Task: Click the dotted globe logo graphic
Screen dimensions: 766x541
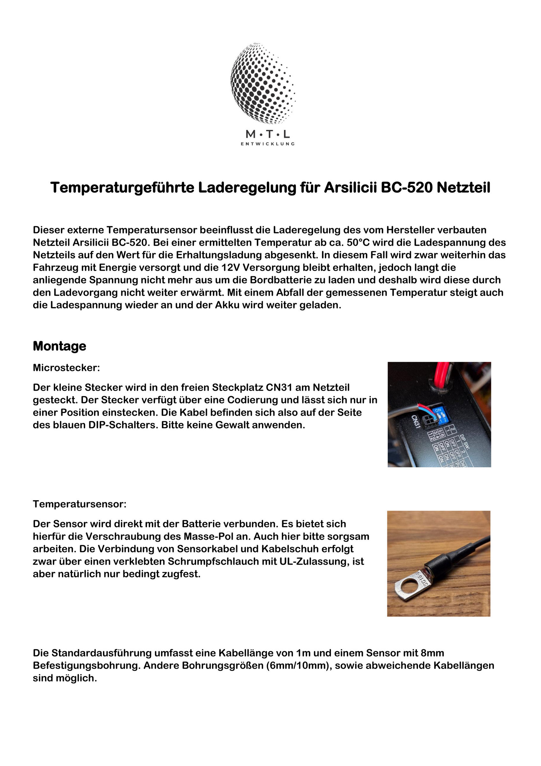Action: coord(263,83)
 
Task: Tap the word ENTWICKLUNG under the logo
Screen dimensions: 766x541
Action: coord(267,144)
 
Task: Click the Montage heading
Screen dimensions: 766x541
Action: coord(59,346)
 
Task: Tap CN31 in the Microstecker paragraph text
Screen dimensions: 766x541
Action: coord(280,387)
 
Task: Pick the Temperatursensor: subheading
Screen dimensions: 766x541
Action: coord(80,504)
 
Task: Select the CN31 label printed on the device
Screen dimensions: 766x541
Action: coord(415,423)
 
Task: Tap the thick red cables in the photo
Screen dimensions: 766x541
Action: coord(441,374)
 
